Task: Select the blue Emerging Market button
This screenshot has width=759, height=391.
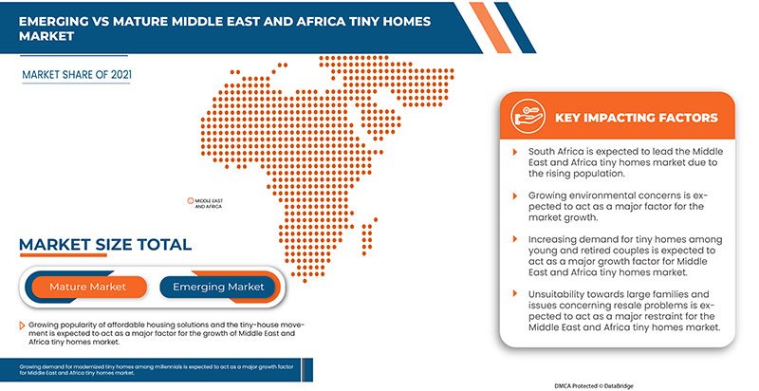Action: pos(217,287)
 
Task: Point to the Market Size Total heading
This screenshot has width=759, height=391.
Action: pos(104,245)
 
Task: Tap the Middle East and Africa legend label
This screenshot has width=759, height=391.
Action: pos(209,203)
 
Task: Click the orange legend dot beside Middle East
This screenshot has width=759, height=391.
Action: pos(190,200)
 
